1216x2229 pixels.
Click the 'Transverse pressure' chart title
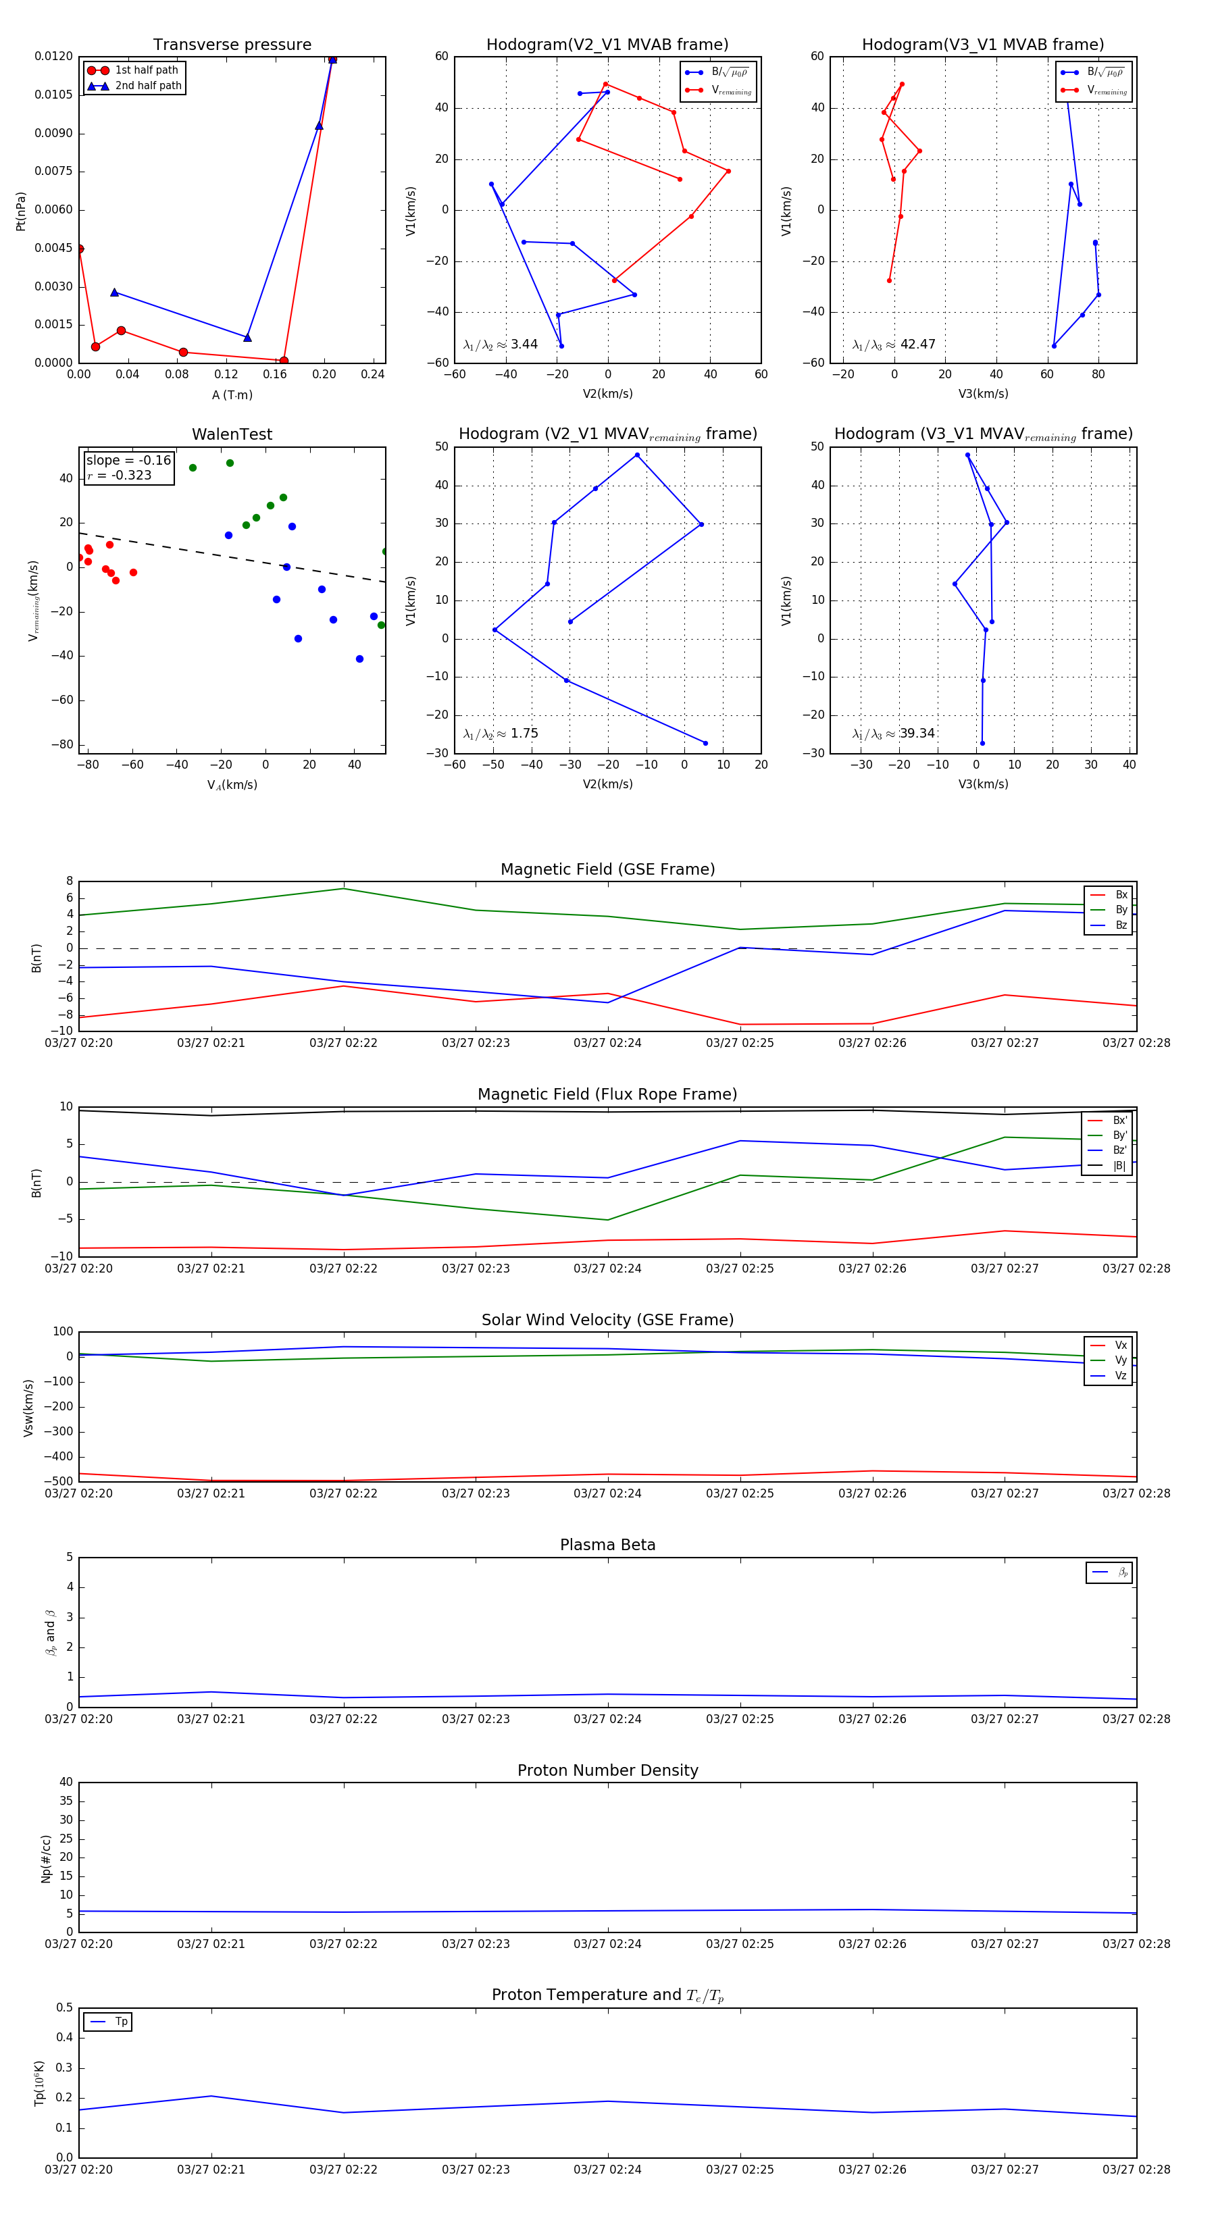point(232,45)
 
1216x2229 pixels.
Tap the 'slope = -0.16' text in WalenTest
point(128,461)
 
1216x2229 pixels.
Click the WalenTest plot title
point(232,434)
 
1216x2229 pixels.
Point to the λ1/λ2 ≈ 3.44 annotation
point(500,344)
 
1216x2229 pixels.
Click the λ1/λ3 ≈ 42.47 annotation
point(893,344)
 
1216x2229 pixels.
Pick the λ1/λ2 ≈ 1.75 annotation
point(500,734)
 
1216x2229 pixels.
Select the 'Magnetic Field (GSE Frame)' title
point(607,869)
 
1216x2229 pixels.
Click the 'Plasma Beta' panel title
point(607,1545)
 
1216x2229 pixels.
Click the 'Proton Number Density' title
point(607,1770)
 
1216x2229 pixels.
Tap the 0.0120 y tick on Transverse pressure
point(53,56)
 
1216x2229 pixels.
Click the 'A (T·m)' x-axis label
point(232,394)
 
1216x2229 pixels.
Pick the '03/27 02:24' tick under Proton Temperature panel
point(607,2170)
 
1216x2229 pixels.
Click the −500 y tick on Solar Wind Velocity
point(57,1481)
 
